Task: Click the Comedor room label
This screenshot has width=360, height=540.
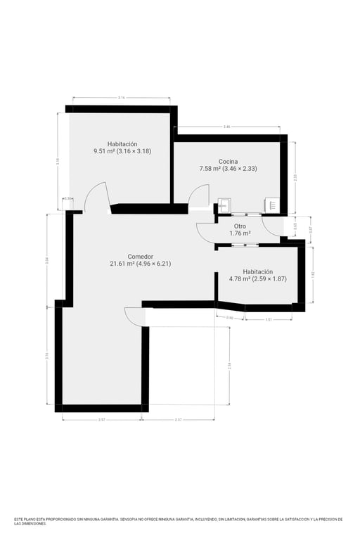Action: point(141,257)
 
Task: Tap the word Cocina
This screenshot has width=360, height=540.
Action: point(228,162)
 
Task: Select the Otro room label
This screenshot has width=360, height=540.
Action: point(240,226)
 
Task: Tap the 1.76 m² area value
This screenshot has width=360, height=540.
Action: point(240,233)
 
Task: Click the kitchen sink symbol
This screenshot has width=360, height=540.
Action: point(224,205)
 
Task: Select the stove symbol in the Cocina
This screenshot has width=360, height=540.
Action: point(271,205)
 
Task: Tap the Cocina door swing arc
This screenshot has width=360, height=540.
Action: point(199,195)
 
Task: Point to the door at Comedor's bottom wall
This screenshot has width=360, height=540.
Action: point(134,316)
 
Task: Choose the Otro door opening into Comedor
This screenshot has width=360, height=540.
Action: point(205,232)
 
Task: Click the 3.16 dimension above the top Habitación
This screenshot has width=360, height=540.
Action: point(122,98)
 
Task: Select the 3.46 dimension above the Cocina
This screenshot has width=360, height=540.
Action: point(226,127)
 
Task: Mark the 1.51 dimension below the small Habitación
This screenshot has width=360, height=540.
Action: point(269,319)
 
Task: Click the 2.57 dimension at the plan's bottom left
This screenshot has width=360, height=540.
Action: point(101,420)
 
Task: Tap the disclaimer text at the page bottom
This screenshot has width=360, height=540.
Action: point(179,522)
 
